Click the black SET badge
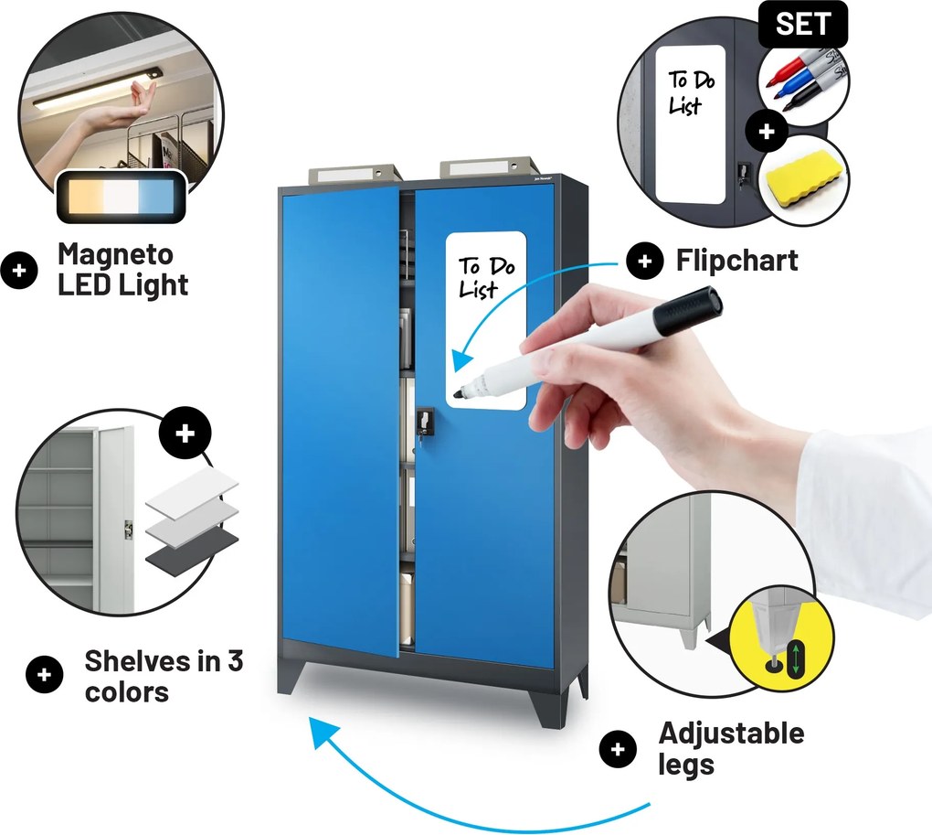[802, 24]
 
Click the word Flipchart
[737, 261]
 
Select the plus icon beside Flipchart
[645, 261]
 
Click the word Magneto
[115, 254]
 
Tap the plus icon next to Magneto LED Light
[19, 271]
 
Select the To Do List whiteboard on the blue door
[486, 321]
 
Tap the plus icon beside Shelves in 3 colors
[45, 675]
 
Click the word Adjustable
[731, 733]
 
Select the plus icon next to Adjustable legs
[619, 749]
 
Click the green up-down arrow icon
[795, 658]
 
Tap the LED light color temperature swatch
[122, 197]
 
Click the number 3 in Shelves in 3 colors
[236, 660]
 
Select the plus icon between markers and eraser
[767, 131]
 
